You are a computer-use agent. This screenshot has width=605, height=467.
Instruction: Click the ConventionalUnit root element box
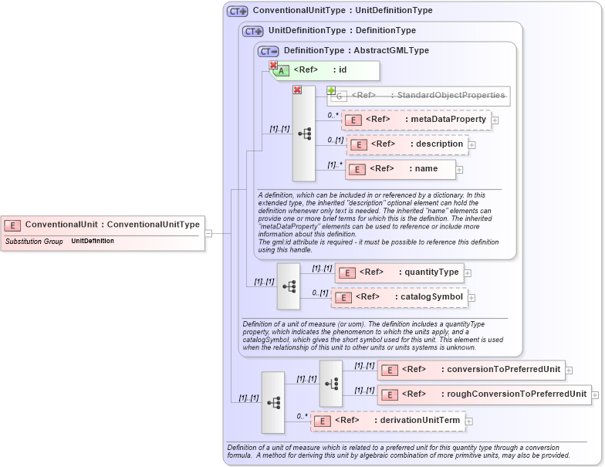pyautogui.click(x=103, y=225)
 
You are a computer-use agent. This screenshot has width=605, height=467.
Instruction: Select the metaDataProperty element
pyautogui.click(x=416, y=120)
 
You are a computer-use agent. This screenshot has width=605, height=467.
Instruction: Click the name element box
pyautogui.click(x=401, y=169)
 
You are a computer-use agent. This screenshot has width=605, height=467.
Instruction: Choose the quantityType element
pyautogui.click(x=399, y=272)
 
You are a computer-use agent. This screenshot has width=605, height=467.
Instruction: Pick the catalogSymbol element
pyautogui.click(x=399, y=297)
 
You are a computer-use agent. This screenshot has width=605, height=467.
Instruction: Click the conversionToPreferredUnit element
pyautogui.click(x=470, y=370)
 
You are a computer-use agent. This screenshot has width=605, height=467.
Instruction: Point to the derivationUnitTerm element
pyautogui.click(x=387, y=421)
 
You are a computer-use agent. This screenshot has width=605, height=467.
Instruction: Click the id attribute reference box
pyautogui.click(x=324, y=71)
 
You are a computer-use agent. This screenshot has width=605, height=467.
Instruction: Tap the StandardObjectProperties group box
pyautogui.click(x=421, y=96)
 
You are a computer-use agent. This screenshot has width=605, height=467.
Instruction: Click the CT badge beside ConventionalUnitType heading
pyautogui.click(x=237, y=12)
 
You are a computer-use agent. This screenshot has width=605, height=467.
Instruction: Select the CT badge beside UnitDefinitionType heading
pyautogui.click(x=252, y=32)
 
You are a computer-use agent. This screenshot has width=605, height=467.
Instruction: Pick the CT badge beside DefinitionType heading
pyautogui.click(x=268, y=51)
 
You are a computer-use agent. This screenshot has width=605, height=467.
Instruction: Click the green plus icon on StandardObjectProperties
pyautogui.click(x=331, y=90)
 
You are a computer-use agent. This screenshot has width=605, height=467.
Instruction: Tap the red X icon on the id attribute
pyautogui.click(x=273, y=66)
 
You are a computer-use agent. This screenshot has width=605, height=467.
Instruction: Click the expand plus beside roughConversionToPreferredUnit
pyautogui.click(x=597, y=395)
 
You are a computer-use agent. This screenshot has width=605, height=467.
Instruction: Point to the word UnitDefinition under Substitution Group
pyautogui.click(x=93, y=242)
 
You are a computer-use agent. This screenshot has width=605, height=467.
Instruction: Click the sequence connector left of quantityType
pyautogui.click(x=289, y=286)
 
